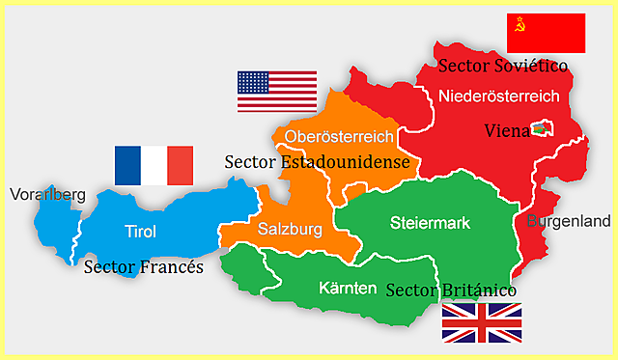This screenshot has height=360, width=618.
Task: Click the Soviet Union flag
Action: [546, 33]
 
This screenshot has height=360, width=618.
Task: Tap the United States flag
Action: [277, 91]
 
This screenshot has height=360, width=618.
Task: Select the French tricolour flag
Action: [154, 165]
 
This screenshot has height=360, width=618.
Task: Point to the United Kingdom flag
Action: [481, 322]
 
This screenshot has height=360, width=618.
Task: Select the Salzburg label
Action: [289, 229]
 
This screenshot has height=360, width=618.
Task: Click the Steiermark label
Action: [431, 224]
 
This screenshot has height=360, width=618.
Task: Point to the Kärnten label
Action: [348, 287]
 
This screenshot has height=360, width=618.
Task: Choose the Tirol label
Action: [140, 231]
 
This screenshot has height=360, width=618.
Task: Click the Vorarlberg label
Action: [47, 195]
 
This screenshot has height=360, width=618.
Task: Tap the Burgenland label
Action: [568, 221]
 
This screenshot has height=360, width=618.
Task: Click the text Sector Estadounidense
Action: [317, 162]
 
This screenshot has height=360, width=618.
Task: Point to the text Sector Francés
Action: [143, 266]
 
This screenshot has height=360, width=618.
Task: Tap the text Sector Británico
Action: [451, 290]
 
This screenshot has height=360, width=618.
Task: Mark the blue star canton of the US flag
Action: [253, 82]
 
